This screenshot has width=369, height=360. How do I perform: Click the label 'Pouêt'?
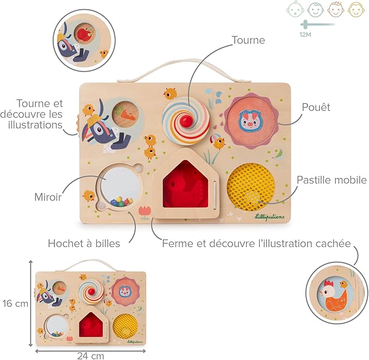click(316, 107)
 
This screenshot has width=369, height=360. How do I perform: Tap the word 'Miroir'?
click(48, 197)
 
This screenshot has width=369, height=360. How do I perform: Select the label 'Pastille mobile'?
click(332, 180)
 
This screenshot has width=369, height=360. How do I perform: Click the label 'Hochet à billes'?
click(84, 243)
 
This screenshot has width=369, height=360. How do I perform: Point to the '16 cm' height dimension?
click(15, 304)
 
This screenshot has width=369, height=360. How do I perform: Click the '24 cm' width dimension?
click(90, 356)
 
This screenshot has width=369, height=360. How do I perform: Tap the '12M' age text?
click(305, 35)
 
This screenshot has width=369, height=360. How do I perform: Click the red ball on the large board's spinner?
click(186, 121)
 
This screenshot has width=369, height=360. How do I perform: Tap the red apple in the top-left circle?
click(84, 34)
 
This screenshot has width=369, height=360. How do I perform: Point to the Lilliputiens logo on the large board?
click(270, 217)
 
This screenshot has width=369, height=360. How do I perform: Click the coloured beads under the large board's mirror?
click(121, 201)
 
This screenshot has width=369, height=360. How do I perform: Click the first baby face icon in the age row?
click(293, 10)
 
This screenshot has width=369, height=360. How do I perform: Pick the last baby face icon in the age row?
click(356, 10)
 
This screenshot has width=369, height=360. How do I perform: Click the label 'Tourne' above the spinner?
click(248, 40)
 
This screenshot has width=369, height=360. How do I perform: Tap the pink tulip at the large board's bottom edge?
click(144, 211)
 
